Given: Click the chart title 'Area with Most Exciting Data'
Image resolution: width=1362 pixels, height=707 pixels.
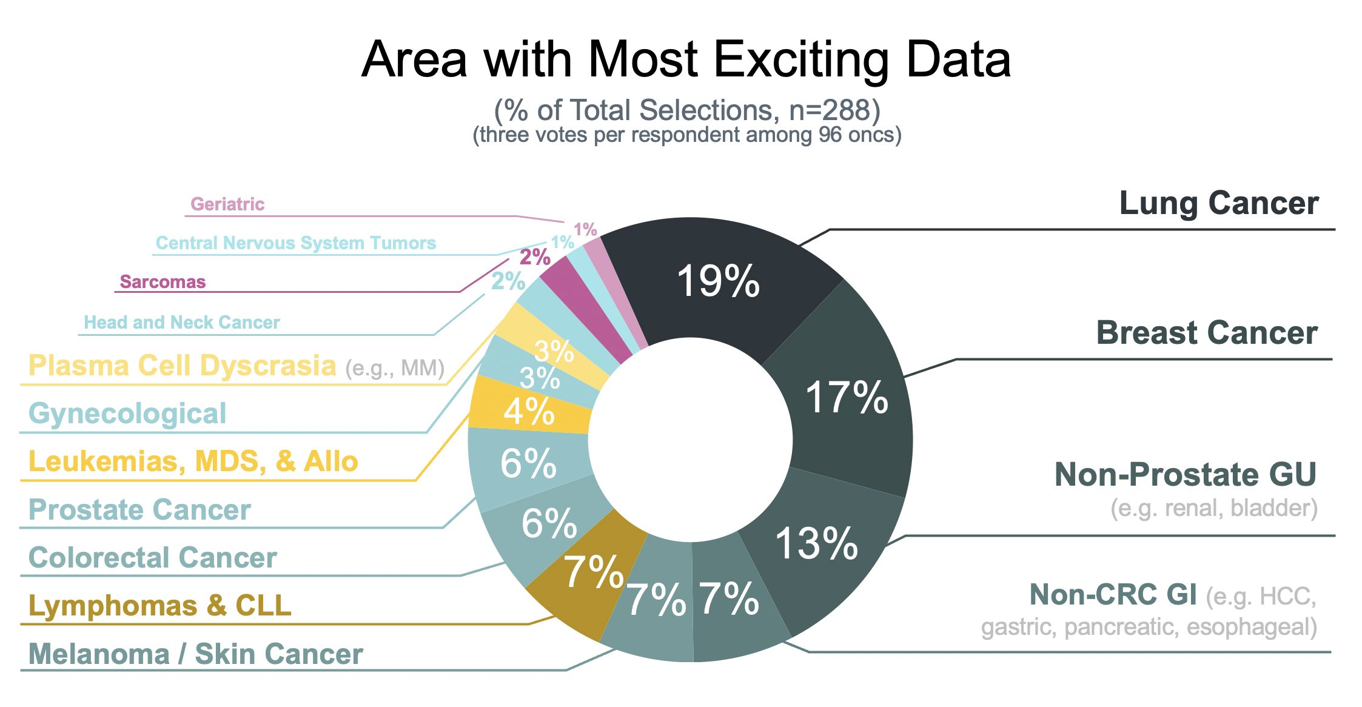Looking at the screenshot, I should pos(686,59).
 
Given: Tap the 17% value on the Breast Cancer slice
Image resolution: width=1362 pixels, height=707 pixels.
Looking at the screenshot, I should pos(847,398).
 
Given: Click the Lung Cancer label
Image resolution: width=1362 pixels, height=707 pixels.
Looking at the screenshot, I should pos(1218,203).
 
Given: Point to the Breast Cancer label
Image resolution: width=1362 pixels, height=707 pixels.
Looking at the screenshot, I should pos(1207,333).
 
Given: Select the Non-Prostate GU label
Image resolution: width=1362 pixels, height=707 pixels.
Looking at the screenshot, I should pos(1186,474).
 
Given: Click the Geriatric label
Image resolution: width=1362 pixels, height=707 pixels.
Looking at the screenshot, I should pos(227,204).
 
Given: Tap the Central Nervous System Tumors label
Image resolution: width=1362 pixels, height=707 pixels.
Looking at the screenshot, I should pos(296,243).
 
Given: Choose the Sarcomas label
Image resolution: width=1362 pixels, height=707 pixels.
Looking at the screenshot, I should pos(163,282).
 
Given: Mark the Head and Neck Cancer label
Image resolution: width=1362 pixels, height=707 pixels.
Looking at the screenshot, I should pos(182,323).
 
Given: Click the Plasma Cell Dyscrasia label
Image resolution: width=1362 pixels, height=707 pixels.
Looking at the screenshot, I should pos(183,366).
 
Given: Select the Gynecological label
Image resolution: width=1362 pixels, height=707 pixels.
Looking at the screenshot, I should pos(127,414).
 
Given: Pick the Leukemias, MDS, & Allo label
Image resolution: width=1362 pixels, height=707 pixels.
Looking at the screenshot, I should pos(193,462).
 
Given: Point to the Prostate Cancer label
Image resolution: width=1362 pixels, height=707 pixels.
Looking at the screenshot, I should pos(139,510).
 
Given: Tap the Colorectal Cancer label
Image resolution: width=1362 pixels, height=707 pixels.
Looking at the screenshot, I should pos(153,558).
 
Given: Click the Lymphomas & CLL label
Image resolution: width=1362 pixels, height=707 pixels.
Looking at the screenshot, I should pos(160,606).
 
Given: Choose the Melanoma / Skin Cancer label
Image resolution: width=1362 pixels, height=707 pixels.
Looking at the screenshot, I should pos(196,654).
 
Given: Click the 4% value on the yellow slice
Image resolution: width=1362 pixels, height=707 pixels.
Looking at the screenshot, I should pos(529,412).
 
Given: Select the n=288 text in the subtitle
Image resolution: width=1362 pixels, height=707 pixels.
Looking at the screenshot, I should pos(834,110).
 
